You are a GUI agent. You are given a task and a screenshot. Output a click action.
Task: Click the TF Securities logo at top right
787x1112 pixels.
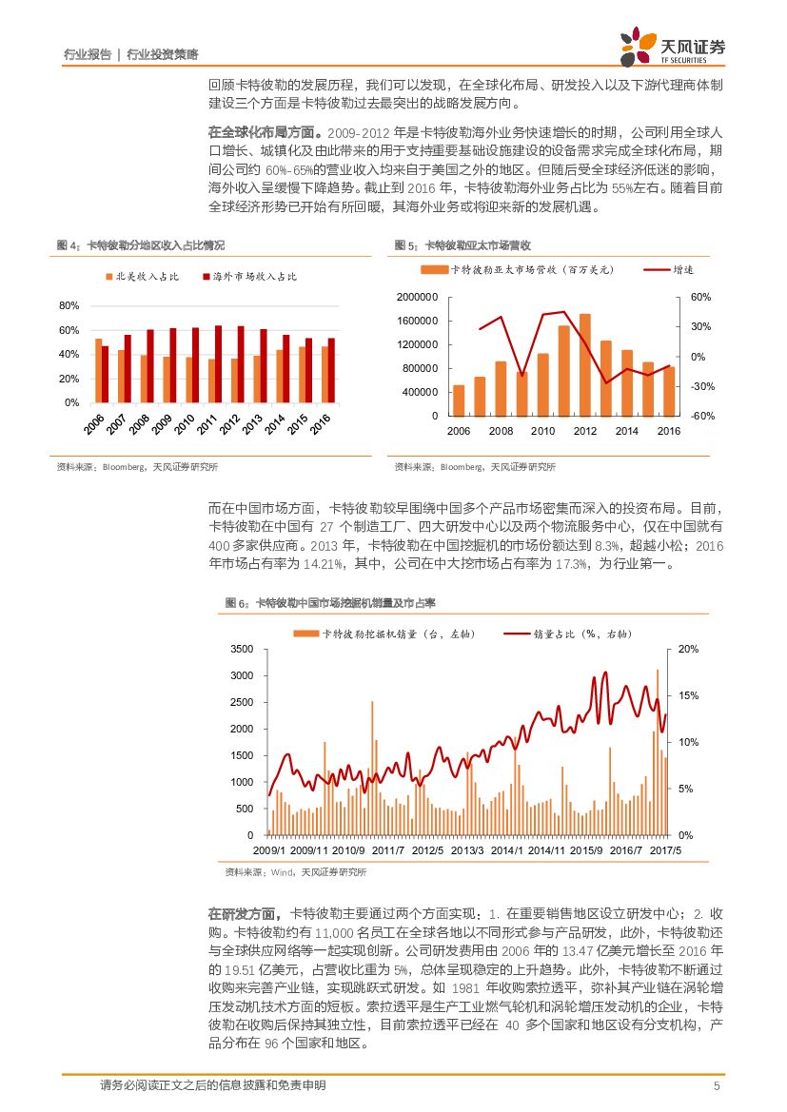tap(671, 44)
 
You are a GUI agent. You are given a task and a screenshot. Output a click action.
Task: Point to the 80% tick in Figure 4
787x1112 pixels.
tap(69, 306)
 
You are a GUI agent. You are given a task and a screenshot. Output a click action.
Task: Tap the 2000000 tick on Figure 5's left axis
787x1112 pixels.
tap(415, 298)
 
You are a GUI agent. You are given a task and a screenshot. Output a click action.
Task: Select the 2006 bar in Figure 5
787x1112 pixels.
tap(459, 400)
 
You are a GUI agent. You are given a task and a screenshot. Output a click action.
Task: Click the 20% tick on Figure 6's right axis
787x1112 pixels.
tap(689, 649)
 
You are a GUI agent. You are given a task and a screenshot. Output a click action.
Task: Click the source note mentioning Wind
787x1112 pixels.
tap(295, 872)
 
